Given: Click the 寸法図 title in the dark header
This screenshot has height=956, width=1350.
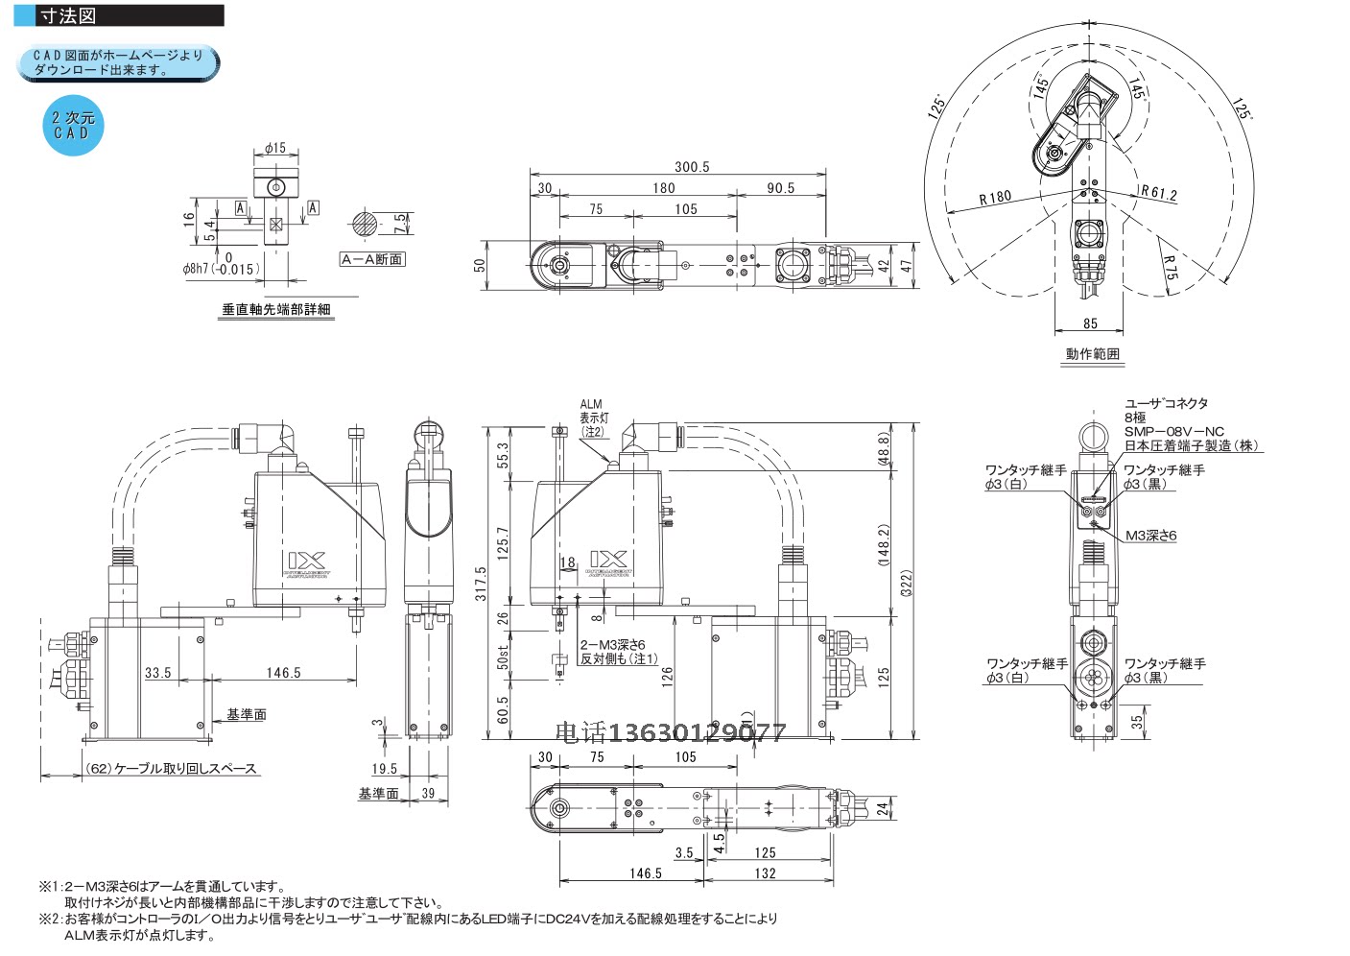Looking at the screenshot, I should (68, 16).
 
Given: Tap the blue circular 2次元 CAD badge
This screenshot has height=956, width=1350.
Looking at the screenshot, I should (72, 126).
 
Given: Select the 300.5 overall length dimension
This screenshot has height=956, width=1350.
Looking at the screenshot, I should (691, 166).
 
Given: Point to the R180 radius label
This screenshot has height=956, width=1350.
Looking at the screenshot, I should (995, 198).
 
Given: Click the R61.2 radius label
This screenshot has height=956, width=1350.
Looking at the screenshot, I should (1159, 193).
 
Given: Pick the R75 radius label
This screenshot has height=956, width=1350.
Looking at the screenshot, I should (1170, 268).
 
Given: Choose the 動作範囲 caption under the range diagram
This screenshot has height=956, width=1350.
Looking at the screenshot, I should (1092, 354).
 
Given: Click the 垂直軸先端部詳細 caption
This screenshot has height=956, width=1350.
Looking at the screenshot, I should (276, 310).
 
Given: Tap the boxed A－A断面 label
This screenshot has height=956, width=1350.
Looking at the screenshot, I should (372, 259).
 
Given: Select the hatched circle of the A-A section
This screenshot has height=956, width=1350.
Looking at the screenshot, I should (366, 225).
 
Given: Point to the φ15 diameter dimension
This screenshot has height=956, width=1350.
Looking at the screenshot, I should (275, 148).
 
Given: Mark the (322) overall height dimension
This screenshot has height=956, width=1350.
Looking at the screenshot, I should (905, 583).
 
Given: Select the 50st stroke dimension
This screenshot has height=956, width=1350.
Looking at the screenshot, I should (503, 657).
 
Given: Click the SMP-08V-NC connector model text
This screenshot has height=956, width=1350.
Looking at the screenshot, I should (1173, 432).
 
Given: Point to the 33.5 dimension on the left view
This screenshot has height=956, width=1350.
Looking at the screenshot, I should (157, 673).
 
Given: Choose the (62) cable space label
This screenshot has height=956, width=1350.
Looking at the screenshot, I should (171, 769).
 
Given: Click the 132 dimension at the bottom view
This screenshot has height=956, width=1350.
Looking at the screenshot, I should (765, 873).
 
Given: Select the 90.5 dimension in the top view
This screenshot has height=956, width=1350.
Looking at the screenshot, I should (780, 188).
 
